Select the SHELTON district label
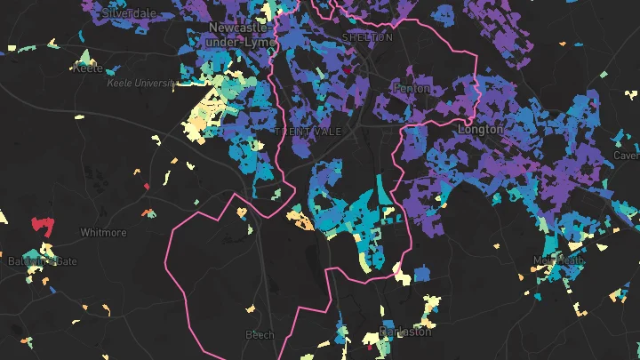point(366,37)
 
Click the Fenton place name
point(412,89)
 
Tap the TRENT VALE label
point(306,132)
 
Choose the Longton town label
point(480,130)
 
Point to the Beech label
point(260,334)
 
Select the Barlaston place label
point(404,332)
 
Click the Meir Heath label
point(558,260)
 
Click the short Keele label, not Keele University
point(88,68)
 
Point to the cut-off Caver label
point(627,156)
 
